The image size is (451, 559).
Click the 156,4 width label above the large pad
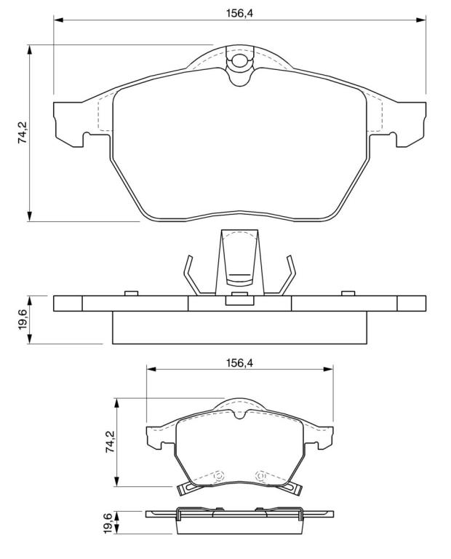coord(239,13)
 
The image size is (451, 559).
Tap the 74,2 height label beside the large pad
coord(23,132)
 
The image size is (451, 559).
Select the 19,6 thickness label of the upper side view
coord(23,320)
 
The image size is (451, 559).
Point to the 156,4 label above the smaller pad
coord(239,363)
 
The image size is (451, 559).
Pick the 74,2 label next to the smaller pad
coord(110,442)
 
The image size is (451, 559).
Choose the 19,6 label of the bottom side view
coord(108,523)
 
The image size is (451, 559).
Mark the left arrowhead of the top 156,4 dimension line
coord(59,20)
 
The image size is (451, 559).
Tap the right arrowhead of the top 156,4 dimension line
coord(420,20)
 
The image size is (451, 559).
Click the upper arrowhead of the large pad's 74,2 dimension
coord(30,50)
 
